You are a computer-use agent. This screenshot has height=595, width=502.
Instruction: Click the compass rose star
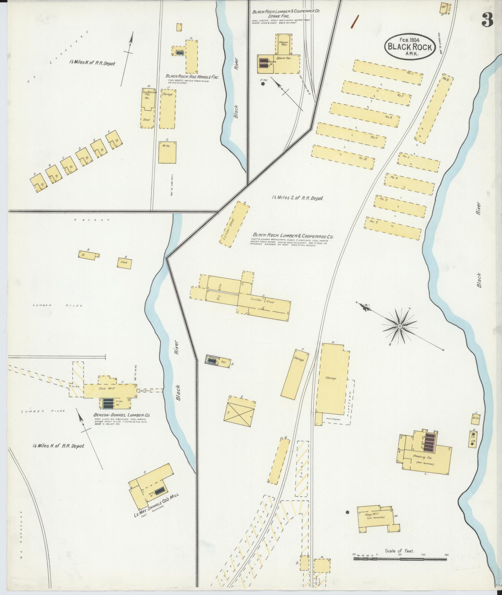coord(399,326)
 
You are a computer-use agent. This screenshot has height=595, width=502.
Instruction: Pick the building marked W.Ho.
coord(167,152)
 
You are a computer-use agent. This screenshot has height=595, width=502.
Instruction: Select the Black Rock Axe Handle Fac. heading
coord(192,77)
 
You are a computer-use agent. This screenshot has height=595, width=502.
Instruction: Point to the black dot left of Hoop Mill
coord(348,512)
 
